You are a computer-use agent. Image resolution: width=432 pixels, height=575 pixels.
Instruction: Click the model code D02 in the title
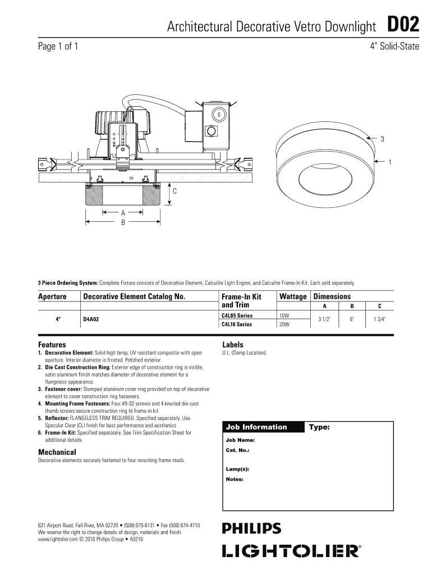(403, 26)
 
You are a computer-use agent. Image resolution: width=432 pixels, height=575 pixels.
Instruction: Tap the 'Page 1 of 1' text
(58, 47)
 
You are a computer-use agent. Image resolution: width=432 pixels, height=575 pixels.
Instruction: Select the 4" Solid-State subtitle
(394, 47)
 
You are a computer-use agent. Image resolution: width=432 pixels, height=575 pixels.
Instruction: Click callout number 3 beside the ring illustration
(383, 139)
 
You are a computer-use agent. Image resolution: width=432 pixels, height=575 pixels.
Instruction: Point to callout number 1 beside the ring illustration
(389, 163)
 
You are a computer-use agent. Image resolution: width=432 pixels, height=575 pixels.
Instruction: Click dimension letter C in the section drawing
(174, 191)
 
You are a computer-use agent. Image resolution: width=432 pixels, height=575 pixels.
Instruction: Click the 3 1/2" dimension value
(324, 320)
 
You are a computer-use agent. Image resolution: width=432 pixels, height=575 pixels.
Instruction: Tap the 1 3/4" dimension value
(380, 320)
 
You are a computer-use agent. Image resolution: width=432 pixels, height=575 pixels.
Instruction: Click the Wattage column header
(293, 296)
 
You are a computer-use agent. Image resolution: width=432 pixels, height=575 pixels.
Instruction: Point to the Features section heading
(52, 344)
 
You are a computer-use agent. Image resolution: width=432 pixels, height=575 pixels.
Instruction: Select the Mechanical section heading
(57, 452)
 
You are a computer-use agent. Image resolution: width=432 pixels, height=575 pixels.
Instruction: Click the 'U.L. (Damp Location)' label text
(244, 353)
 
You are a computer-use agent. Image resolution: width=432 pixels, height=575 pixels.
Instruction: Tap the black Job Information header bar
(263, 427)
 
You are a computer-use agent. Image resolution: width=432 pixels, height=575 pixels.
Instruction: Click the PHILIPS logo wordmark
(252, 528)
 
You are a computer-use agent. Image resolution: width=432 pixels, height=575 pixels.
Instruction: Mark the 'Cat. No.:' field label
(237, 450)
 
